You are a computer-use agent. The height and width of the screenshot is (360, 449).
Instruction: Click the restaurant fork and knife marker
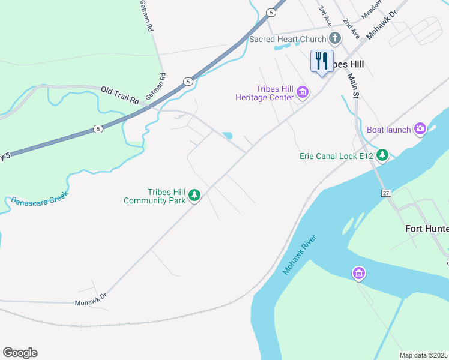tap(322, 61)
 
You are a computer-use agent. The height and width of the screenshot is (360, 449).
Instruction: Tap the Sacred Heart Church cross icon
tap(335, 40)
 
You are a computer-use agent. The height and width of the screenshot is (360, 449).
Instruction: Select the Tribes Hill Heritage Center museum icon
tap(303, 93)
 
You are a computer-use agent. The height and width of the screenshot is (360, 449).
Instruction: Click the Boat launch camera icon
tap(420, 128)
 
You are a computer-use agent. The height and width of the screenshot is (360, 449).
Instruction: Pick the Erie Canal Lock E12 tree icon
tap(383, 156)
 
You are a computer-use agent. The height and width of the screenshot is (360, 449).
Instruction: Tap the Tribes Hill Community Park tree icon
tap(194, 195)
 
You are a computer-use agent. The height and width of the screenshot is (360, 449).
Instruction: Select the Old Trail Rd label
tap(119, 95)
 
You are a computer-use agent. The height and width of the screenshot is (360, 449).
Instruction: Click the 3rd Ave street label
tap(325, 15)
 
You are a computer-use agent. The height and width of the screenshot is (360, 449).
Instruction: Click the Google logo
tap(20, 353)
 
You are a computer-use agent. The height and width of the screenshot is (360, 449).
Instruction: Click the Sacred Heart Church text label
tap(287, 40)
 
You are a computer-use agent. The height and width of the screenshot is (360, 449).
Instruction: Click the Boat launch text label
tap(388, 129)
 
